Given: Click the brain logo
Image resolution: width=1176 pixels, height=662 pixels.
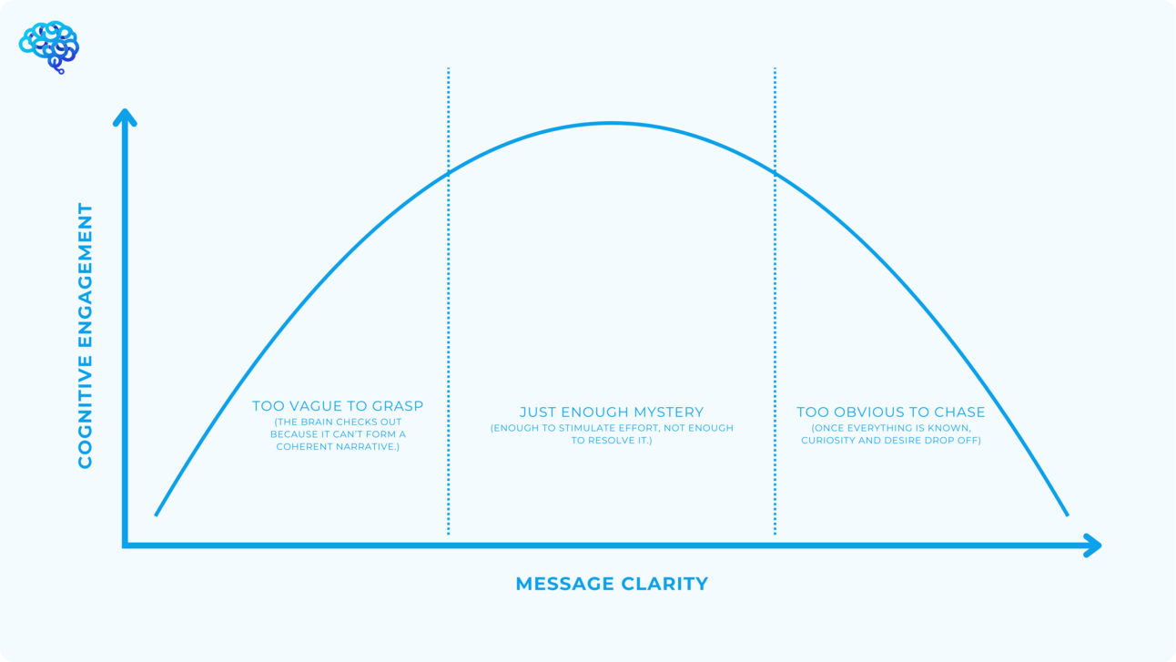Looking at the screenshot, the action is (49, 47).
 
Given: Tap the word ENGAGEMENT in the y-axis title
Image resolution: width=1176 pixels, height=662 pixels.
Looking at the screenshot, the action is (85, 275).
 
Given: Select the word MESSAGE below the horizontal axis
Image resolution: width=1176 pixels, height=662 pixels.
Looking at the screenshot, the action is (564, 584).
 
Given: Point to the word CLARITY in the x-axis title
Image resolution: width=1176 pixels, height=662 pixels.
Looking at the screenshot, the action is (665, 584).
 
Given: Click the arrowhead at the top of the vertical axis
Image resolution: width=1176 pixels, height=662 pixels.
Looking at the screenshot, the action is (125, 117).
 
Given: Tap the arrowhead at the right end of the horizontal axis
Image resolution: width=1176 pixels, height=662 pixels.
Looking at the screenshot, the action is (1092, 545).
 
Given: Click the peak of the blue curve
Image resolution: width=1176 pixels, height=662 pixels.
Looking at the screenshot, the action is (612, 124).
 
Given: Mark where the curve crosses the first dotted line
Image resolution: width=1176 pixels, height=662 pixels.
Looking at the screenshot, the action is (449, 171).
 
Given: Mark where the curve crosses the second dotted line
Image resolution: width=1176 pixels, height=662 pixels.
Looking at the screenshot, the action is (775, 171).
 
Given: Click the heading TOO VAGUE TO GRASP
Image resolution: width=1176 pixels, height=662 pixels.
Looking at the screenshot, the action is (338, 406).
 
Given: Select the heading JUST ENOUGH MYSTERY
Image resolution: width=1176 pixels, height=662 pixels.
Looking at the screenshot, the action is (612, 412).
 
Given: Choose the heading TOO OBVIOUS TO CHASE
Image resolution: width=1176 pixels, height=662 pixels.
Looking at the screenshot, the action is (891, 412).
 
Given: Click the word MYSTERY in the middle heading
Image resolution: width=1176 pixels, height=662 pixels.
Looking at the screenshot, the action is (668, 412).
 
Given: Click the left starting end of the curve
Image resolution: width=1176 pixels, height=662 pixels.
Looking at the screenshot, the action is (156, 514).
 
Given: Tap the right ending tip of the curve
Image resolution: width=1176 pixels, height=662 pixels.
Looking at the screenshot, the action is (1068, 514).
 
